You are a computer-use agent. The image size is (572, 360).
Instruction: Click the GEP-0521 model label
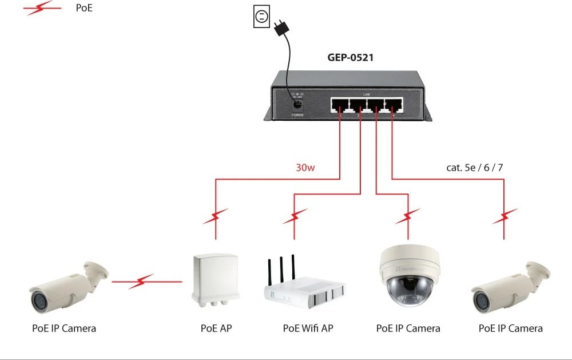coord(351,57)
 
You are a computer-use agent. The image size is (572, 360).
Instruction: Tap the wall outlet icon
coord(261,17)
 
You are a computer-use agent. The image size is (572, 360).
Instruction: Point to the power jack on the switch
coord(297,105)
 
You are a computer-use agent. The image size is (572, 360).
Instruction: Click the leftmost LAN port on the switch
coord(340,105)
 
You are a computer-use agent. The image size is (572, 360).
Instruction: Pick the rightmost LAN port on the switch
coord(393,105)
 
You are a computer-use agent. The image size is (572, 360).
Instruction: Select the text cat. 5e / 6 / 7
coord(474,168)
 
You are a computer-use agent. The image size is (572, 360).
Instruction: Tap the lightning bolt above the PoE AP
coord(216,217)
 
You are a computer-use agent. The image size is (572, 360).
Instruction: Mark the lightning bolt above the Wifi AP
coord(294,217)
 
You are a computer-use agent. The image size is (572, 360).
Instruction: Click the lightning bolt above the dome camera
coord(408,217)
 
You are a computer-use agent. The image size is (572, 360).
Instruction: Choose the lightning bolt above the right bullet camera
coord(505,217)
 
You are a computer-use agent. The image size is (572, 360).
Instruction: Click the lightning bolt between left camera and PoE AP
coord(140,282)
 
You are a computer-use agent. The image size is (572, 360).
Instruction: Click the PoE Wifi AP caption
coord(308,329)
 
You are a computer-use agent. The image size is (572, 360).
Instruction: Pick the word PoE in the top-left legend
coord(85,9)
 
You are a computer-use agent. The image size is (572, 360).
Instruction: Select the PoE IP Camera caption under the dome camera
coord(408,329)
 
